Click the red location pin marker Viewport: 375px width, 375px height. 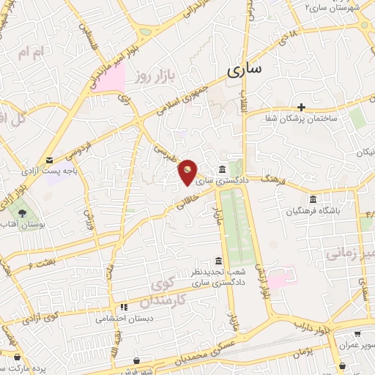pyautogui.click(x=188, y=171)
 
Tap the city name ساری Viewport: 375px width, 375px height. pyautogui.click(x=243, y=71)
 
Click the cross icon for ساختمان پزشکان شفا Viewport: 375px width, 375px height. pyautogui.click(x=301, y=107)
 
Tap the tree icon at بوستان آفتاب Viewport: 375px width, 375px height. pyautogui.click(x=23, y=215)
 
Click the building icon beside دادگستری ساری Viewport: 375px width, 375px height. pyautogui.click(x=223, y=166)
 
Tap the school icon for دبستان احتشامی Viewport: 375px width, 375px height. pyautogui.click(x=124, y=308)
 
